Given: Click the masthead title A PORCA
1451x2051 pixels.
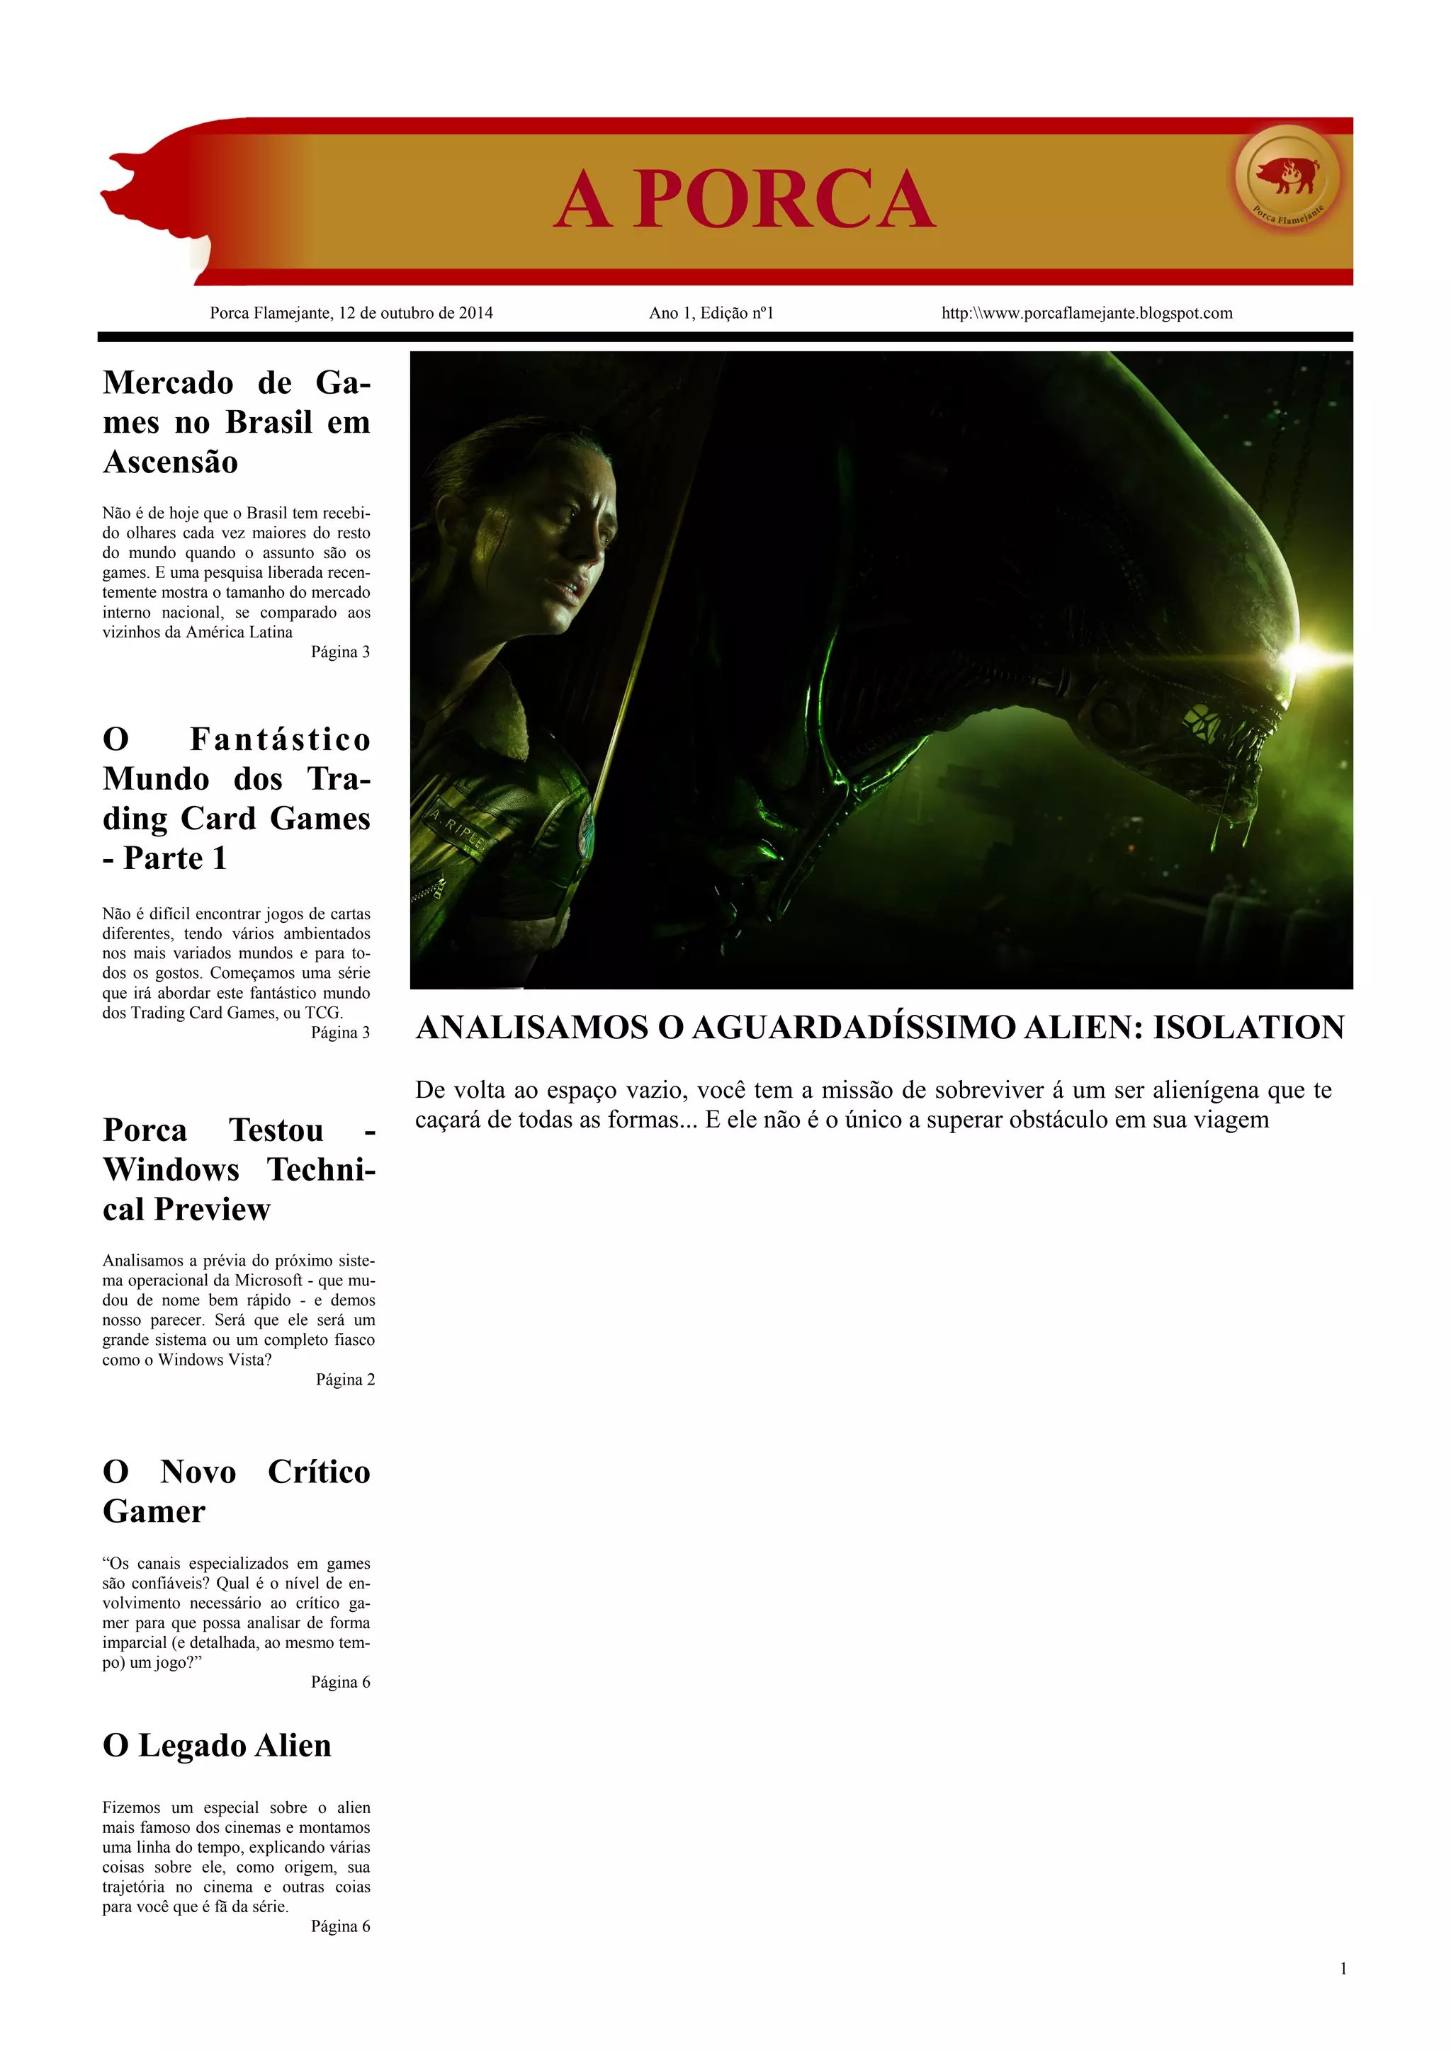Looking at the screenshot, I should coord(744,199).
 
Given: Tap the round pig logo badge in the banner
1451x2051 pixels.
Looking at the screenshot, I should coord(1287,175).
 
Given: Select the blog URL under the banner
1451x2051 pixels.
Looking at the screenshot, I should coord(1086,314).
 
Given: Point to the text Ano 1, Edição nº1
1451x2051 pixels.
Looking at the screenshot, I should coord(711,314).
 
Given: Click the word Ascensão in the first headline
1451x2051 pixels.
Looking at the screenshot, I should coord(171,462).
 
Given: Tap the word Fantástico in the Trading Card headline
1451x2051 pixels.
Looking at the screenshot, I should coord(280,739).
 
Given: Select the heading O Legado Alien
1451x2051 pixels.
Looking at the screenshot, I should coord(217,1746).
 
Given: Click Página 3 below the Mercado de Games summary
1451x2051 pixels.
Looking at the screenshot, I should coord(340,652).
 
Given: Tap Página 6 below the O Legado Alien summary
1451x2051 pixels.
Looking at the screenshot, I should coord(340,1927).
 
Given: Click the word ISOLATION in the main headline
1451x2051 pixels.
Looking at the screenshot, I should coord(1248,1028).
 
